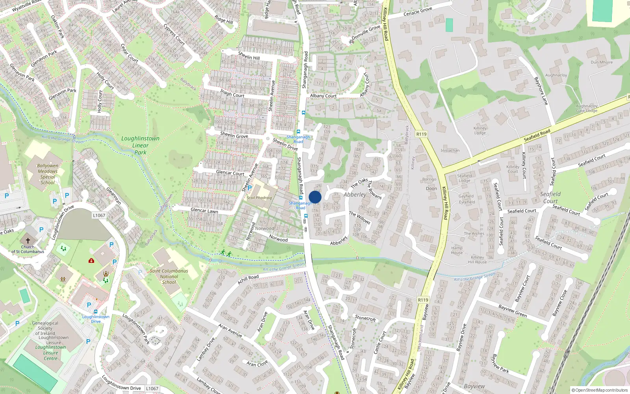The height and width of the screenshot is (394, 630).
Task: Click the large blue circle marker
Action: pyautogui.click(x=315, y=197)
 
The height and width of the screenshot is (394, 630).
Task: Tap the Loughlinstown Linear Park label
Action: pyautogui.click(x=140, y=145)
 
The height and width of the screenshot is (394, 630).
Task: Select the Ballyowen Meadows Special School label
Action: pyautogui.click(x=48, y=174)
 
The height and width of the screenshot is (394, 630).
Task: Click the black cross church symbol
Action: pyautogui.click(x=28, y=240)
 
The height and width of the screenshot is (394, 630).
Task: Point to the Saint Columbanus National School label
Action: pyautogui.click(x=169, y=277)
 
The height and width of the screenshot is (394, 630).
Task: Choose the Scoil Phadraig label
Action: pyautogui.click(x=259, y=198)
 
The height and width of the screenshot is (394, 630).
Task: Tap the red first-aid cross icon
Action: pyautogui.click(x=91, y=260)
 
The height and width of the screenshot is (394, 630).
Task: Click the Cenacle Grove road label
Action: pyautogui.click(x=418, y=11)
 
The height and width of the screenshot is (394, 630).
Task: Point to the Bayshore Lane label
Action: pyautogui.click(x=541, y=91)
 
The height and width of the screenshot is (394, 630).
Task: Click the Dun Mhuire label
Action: pyautogui.click(x=602, y=62)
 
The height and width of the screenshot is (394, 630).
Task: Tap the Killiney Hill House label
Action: pyautogui.click(x=477, y=260)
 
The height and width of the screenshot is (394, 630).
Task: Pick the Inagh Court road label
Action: pyautogui.click(x=232, y=93)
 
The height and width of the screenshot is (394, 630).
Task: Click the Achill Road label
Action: pyautogui.click(x=248, y=279)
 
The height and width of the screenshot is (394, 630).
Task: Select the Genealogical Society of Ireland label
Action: pyautogui.click(x=45, y=328)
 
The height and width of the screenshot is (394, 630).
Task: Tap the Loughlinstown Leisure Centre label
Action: pyautogui.click(x=50, y=353)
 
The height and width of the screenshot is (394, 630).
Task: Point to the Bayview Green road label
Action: pyautogui.click(x=512, y=311)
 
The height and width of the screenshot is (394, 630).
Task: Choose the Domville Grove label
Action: pyautogui.click(x=366, y=32)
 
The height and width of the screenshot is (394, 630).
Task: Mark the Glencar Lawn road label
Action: pyautogui.click(x=204, y=210)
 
